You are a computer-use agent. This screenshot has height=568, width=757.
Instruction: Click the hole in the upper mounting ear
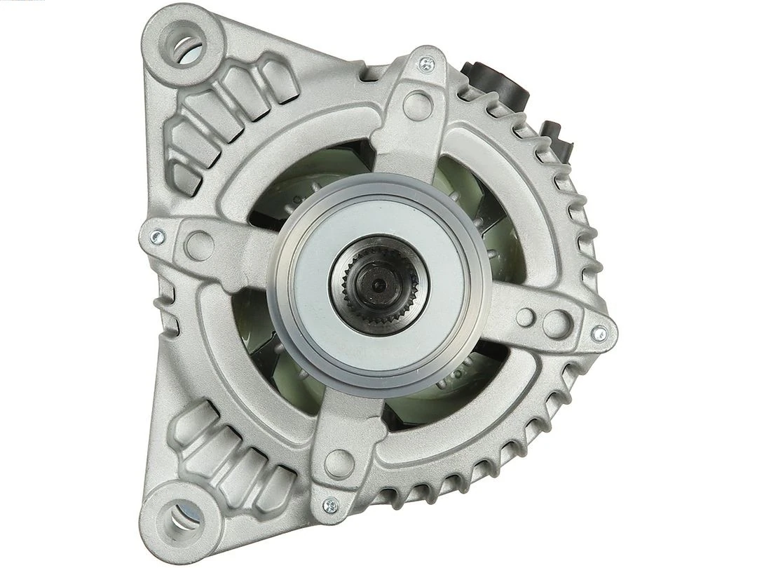[186, 44]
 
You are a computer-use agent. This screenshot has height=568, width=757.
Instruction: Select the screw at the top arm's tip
[425, 65]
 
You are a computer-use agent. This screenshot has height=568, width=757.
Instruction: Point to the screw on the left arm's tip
[158, 237]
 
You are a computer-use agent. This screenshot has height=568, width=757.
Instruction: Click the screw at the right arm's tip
[599, 334]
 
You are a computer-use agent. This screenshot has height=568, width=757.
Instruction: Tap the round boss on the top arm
[417, 105]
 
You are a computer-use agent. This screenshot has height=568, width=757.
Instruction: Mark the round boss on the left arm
[200, 245]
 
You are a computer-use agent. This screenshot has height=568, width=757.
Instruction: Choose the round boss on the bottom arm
[339, 463]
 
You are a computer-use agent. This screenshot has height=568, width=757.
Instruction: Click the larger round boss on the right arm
[557, 324]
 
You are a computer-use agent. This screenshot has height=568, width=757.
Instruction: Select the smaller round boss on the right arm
[525, 317]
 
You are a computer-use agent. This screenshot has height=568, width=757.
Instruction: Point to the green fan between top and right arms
[484, 210]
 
